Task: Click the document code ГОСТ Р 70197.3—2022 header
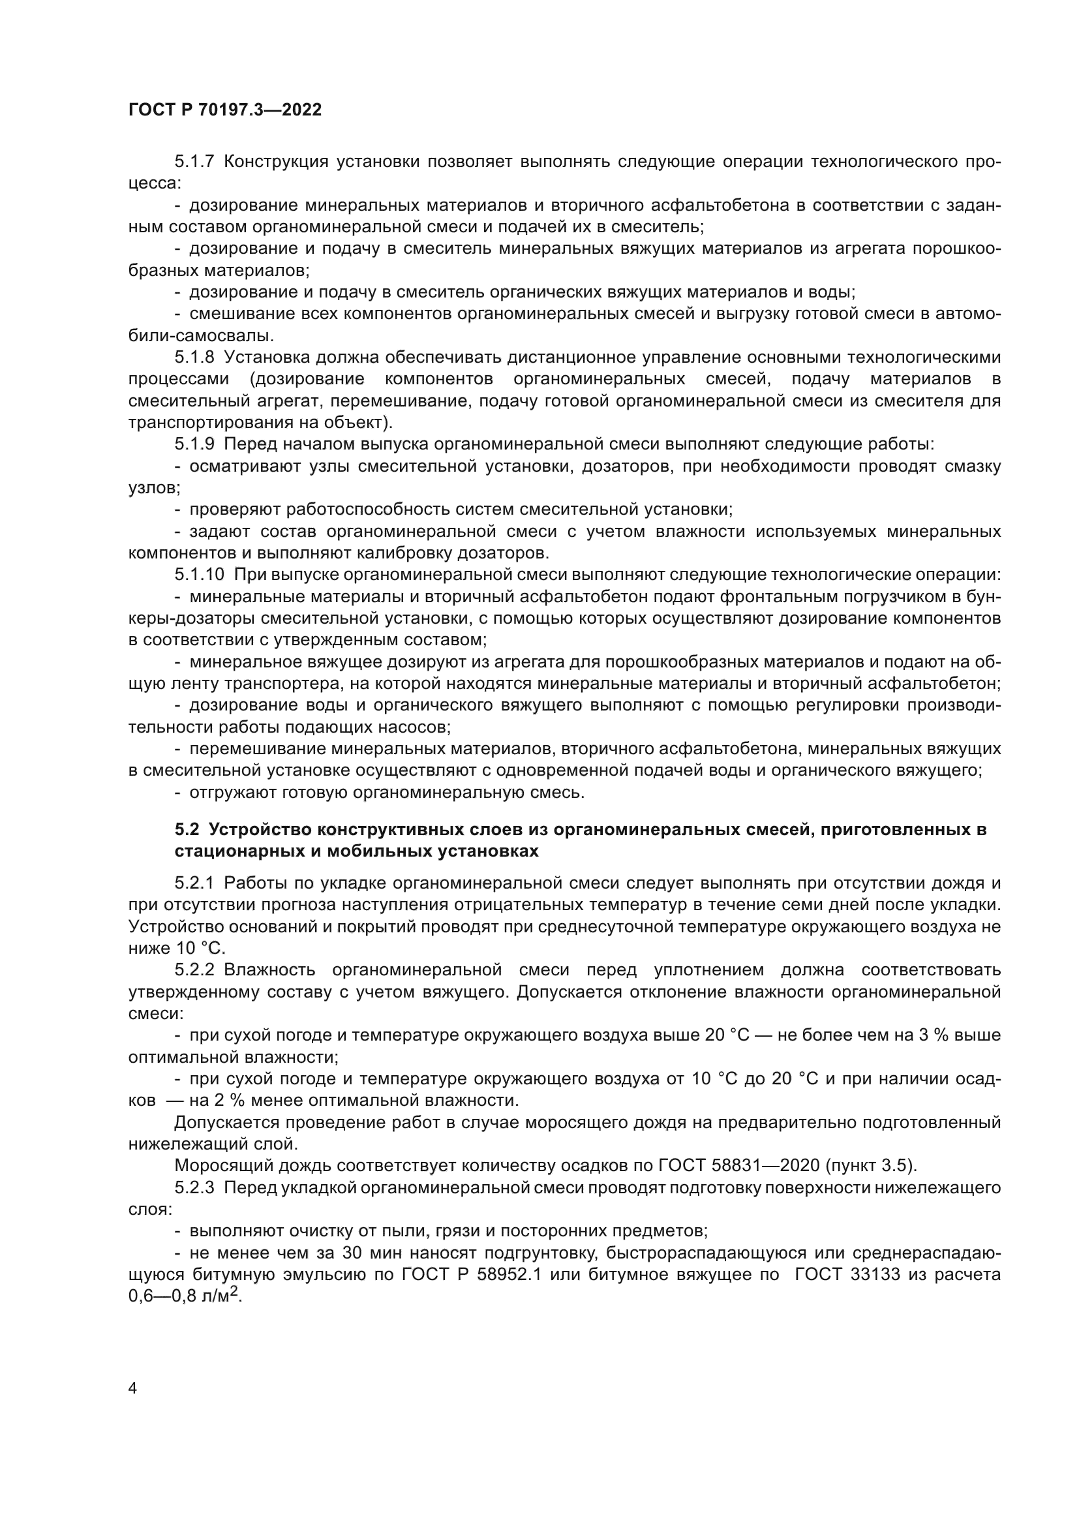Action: pos(224,110)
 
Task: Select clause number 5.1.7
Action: pos(194,162)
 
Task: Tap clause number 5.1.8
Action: pos(194,358)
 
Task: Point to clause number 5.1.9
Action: pos(194,445)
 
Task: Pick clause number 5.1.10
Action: pos(200,575)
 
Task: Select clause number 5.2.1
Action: pos(194,883)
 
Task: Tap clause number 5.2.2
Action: pos(194,970)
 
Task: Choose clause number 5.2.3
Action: pos(194,1187)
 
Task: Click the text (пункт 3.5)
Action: pos(883,1166)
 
